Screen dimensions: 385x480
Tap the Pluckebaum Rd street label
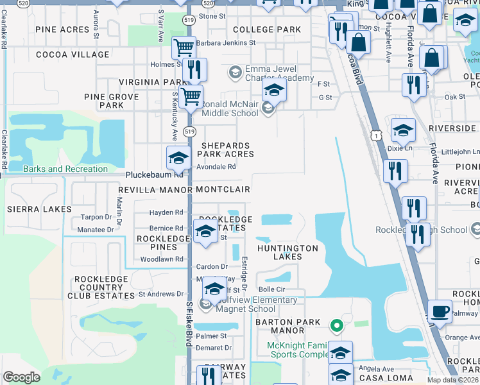tap(154, 174)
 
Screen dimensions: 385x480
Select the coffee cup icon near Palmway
tap(440, 312)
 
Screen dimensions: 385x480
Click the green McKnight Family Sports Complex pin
tap(335, 326)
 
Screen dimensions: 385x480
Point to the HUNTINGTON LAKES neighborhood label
tap(287, 252)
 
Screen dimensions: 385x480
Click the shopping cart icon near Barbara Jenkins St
tap(184, 47)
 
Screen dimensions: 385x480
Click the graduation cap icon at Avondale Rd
tap(178, 157)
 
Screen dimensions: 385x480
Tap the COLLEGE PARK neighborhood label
tap(267, 30)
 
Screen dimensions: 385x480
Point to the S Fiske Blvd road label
tap(189, 324)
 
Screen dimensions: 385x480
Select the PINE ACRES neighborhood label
tap(62, 30)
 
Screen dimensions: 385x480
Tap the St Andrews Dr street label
tap(157, 294)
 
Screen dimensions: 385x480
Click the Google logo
tap(21, 377)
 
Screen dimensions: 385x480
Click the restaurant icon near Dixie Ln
tap(394, 171)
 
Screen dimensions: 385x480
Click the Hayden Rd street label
tap(166, 212)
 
